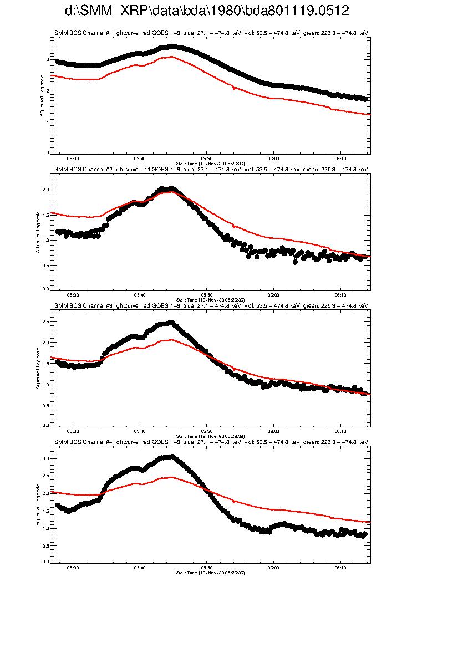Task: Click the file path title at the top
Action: tap(206, 11)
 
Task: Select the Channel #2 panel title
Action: tap(211, 169)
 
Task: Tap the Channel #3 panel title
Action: tap(211, 305)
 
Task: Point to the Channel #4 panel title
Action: tap(211, 442)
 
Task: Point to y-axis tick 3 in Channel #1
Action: tap(48, 59)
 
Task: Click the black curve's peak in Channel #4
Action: tap(171, 456)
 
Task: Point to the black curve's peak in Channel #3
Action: tap(171, 322)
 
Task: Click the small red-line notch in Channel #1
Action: tap(233, 88)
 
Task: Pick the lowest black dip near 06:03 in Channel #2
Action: tap(295, 262)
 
